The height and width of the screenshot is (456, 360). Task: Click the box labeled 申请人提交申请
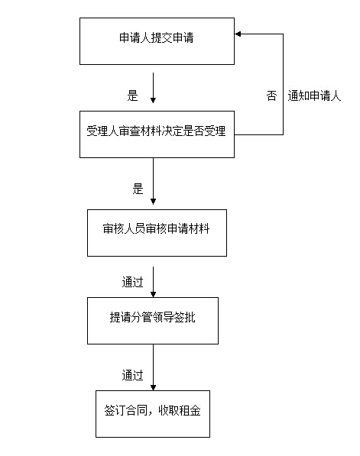click(157, 41)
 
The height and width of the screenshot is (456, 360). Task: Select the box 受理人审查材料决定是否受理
click(157, 134)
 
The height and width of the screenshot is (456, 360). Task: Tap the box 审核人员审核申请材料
click(157, 233)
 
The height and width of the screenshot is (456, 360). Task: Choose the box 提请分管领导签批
click(153, 321)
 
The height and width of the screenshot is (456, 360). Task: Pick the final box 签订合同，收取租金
click(153, 414)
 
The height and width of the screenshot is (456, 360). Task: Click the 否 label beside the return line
click(271, 95)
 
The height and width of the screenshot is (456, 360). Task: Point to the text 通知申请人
click(314, 95)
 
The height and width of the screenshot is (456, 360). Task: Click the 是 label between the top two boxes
click(132, 95)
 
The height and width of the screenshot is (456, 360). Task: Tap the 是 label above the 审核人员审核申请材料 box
click(138, 189)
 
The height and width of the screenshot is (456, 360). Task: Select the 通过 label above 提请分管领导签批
click(132, 282)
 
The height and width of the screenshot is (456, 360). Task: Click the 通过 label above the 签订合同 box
click(132, 375)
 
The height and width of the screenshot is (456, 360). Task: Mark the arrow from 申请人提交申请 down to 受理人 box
click(153, 88)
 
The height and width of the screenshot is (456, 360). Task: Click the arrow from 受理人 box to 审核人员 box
click(153, 181)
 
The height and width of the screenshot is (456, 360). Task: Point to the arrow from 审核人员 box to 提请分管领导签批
click(153, 282)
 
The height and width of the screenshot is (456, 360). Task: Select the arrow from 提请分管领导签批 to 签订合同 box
click(153, 367)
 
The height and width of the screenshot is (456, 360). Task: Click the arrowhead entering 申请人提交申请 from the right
click(238, 34)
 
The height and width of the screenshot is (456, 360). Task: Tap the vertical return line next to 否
click(283, 84)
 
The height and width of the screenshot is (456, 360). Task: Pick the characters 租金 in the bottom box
click(190, 411)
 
